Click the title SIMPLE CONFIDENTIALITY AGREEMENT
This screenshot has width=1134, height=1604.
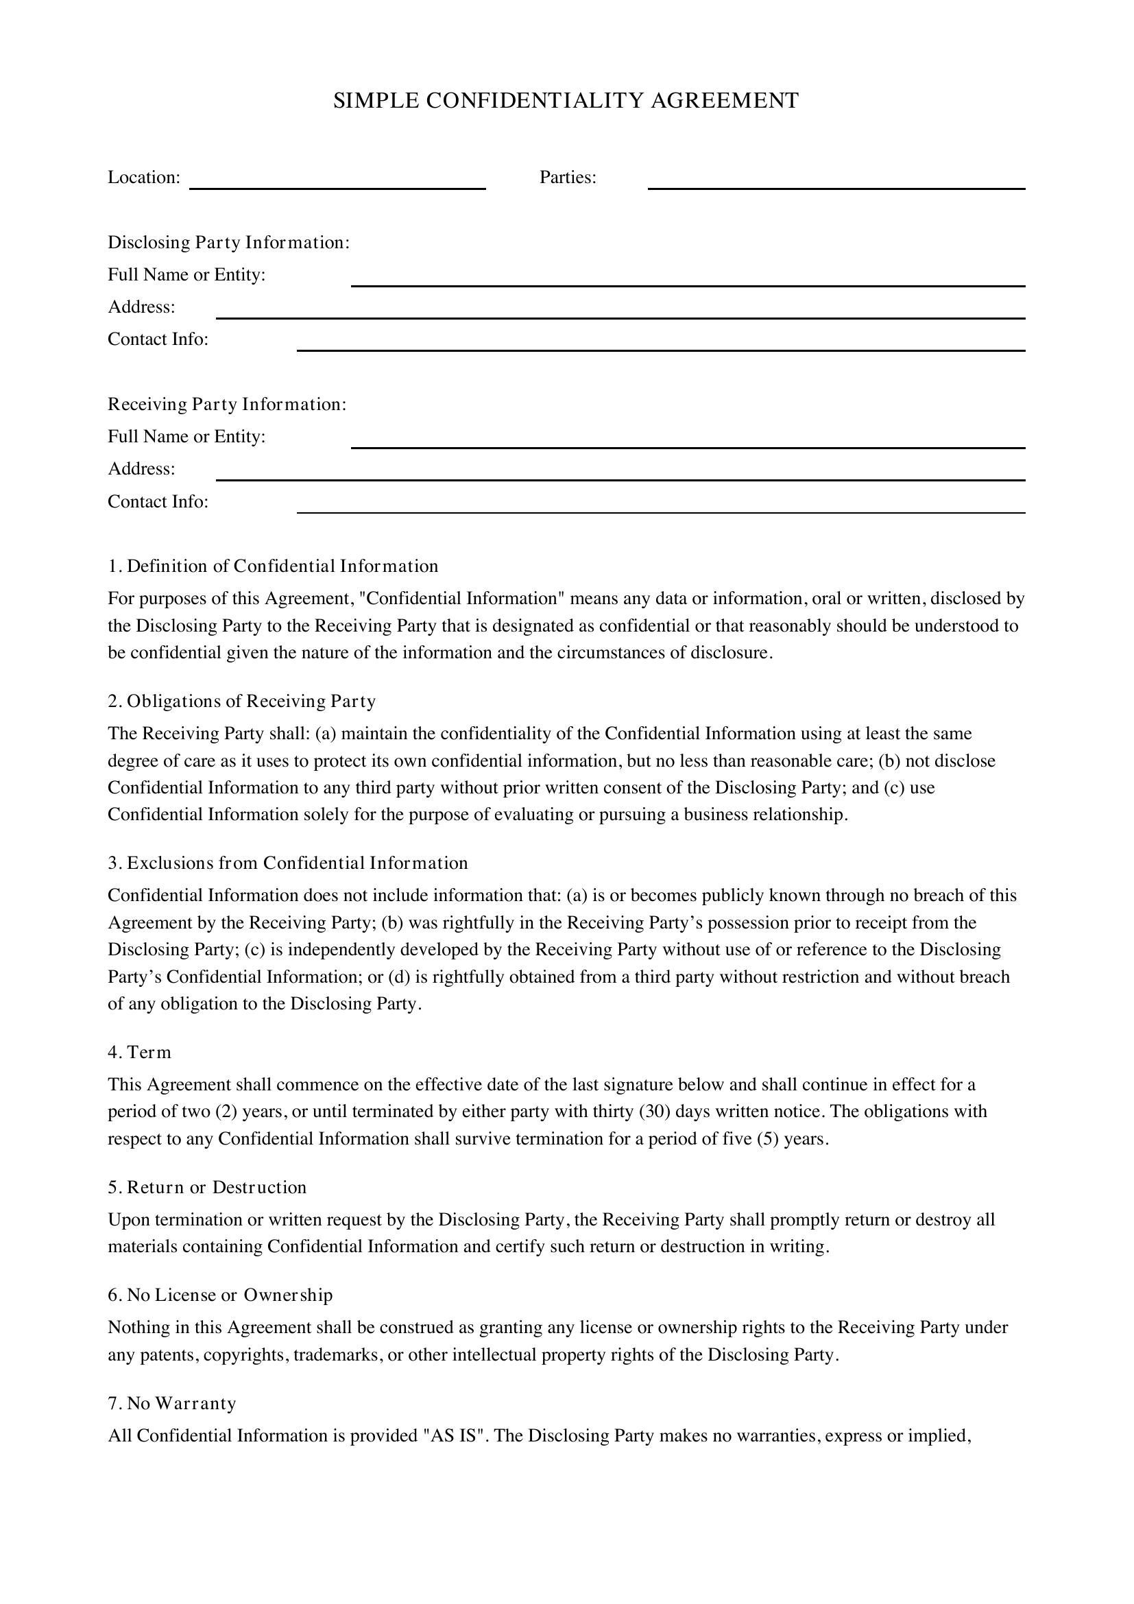coord(566,101)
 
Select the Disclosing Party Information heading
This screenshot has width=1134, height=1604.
coord(228,242)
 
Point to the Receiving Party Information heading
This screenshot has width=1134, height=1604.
coord(227,405)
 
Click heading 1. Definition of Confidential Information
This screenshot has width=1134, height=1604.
coord(273,566)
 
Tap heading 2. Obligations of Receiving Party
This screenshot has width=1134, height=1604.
coord(241,701)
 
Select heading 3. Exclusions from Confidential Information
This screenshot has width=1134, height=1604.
coord(288,863)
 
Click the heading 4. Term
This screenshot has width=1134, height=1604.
coord(140,1052)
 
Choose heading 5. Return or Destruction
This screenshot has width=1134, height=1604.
coord(207,1187)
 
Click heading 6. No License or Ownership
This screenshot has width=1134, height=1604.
coord(220,1295)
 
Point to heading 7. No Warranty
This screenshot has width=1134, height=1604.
coord(173,1403)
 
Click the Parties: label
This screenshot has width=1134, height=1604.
coord(568,178)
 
